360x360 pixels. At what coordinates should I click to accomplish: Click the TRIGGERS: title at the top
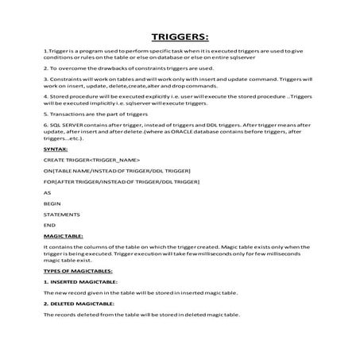pyautogui.click(x=180, y=37)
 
